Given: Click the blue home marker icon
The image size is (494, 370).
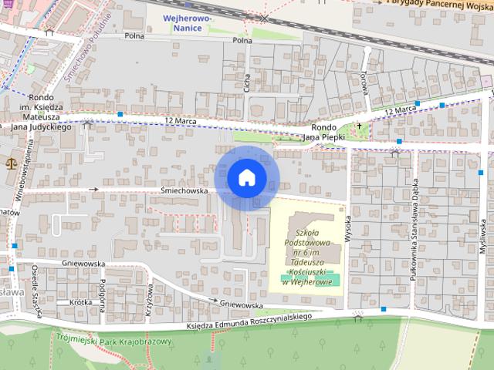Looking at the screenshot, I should point(247,178).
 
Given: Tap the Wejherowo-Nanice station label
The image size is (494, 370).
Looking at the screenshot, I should point(183,23).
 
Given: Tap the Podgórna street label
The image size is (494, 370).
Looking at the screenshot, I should point(102,291).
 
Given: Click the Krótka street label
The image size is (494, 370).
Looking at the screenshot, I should point(80,302).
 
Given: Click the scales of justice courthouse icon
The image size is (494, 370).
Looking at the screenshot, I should point(11,163).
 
